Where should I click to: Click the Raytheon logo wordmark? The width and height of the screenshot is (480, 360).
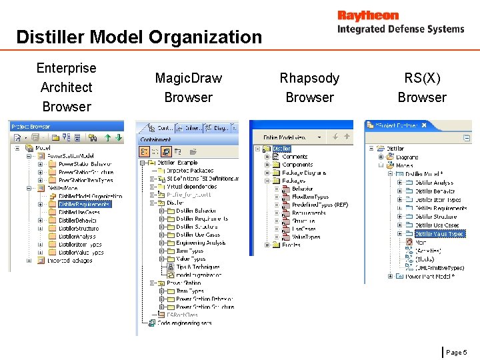coord(367,15)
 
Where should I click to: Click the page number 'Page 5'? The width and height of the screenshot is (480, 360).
coord(457,351)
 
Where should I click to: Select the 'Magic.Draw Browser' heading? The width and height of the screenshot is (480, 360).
coord(188,87)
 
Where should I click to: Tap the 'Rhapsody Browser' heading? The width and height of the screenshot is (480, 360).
coord(309,87)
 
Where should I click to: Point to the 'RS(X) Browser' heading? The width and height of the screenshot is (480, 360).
coord(421,87)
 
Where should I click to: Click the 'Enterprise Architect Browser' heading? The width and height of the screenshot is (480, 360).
coord(66,87)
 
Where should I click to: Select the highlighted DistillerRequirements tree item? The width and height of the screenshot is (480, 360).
coord(84,204)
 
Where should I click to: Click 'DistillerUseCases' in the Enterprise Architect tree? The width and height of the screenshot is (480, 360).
coord(79,212)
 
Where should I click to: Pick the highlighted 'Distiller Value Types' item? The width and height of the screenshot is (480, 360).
coord(439,234)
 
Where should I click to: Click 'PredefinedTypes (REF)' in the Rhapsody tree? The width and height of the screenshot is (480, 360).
coord(319,205)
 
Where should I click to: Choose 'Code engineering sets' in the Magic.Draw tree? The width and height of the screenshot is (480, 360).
coord(184,323)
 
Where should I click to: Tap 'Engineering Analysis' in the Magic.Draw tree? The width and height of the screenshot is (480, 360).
coord(200,243)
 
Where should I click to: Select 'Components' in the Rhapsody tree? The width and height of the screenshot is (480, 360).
coord(297,165)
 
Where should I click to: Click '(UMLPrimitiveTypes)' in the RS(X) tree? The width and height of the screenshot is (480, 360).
coord(439,267)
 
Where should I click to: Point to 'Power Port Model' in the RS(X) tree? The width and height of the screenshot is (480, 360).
coord(429,276)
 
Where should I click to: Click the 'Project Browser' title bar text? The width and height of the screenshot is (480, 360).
coord(31,126)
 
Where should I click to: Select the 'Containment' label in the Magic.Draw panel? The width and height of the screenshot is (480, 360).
coord(155,140)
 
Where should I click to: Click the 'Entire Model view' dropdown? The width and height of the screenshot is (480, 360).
coord(291,137)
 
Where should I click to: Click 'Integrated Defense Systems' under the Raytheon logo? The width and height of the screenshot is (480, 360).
coord(400,29)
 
